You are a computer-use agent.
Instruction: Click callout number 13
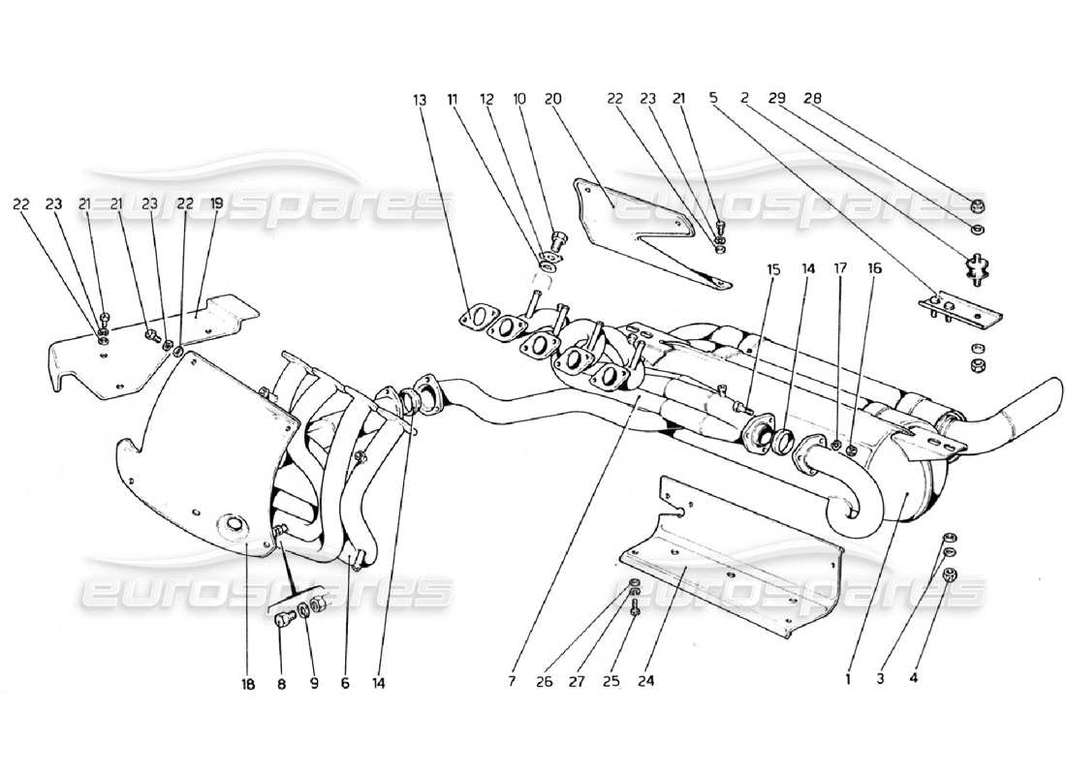point(419,100)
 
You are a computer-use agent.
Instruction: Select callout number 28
point(812,100)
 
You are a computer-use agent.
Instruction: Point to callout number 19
point(216,203)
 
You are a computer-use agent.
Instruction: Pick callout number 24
point(646,681)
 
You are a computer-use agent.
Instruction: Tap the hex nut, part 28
point(979,205)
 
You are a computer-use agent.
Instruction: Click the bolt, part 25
point(633,609)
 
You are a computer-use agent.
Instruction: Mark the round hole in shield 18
point(234,527)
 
